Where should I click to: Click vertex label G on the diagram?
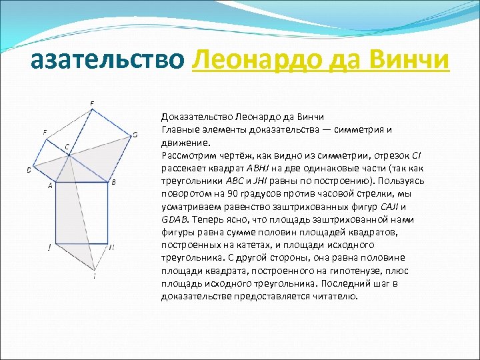coord(135,135)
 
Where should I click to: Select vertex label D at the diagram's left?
coord(29,170)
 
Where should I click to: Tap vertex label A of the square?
coord(50,186)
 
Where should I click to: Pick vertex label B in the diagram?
coord(113,182)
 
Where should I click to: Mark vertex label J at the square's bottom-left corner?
coord(49,247)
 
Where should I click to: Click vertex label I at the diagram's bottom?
coord(94,275)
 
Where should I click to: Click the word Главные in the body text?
coord(179,129)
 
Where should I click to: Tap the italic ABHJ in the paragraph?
coord(257,169)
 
